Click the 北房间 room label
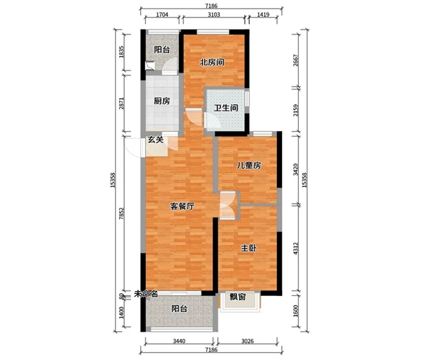click(x=212, y=63)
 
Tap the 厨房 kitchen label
click(x=162, y=101)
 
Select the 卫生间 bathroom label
click(x=226, y=108)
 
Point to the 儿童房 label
click(x=249, y=166)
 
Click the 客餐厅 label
click(x=182, y=206)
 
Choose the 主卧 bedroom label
click(x=249, y=248)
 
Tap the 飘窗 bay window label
click(x=238, y=297)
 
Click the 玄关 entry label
click(x=156, y=139)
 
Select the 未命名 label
click(x=146, y=294)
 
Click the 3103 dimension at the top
click(x=214, y=15)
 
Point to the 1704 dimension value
click(x=162, y=15)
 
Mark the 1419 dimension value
click(x=263, y=15)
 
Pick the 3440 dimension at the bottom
click(x=179, y=342)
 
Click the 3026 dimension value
click(x=247, y=342)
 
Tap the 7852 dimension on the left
click(x=122, y=213)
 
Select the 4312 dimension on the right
click(x=296, y=249)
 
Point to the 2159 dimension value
click(x=296, y=111)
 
